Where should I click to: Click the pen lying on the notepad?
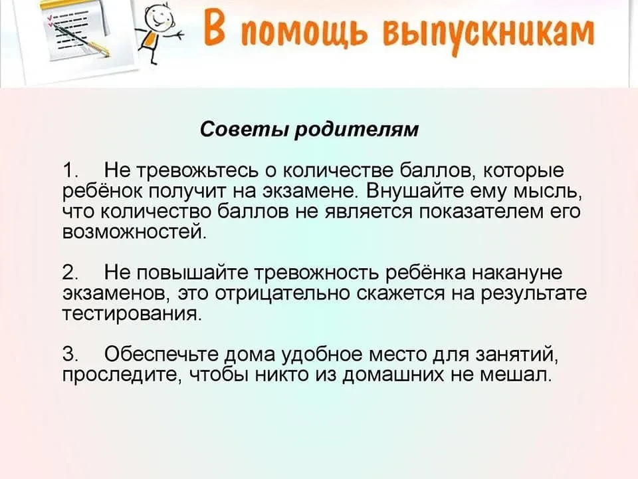click(x=82, y=39)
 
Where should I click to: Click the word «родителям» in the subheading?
click(x=356, y=130)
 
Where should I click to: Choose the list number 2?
click(x=70, y=273)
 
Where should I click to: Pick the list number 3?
click(x=70, y=354)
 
